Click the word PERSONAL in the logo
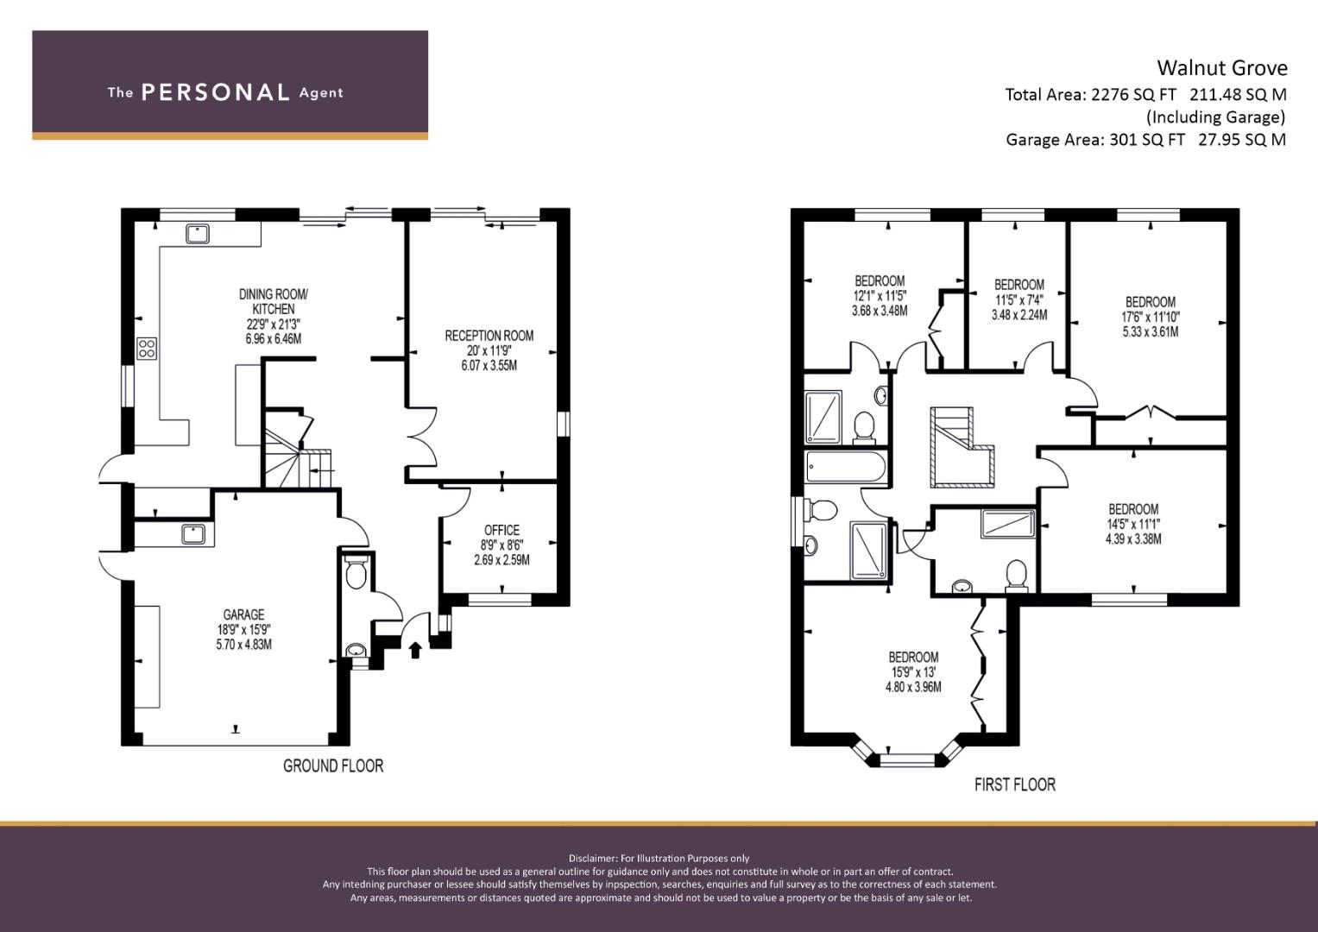pos(216,92)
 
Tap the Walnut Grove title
pos(1222,68)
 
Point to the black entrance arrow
pos(415,650)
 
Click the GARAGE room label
pos(243,614)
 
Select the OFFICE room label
pos(501,530)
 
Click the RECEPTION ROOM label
pos(489,336)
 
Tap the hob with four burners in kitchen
pos(147,349)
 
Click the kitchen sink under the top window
pos(198,234)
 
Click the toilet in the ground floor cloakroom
pos(356,570)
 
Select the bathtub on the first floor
pos(846,468)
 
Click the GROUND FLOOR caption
pos(333,766)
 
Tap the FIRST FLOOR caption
pos(1015,784)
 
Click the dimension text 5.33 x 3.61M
pos(1151,332)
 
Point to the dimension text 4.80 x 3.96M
pos(913,687)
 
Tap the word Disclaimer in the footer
pos(592,859)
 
